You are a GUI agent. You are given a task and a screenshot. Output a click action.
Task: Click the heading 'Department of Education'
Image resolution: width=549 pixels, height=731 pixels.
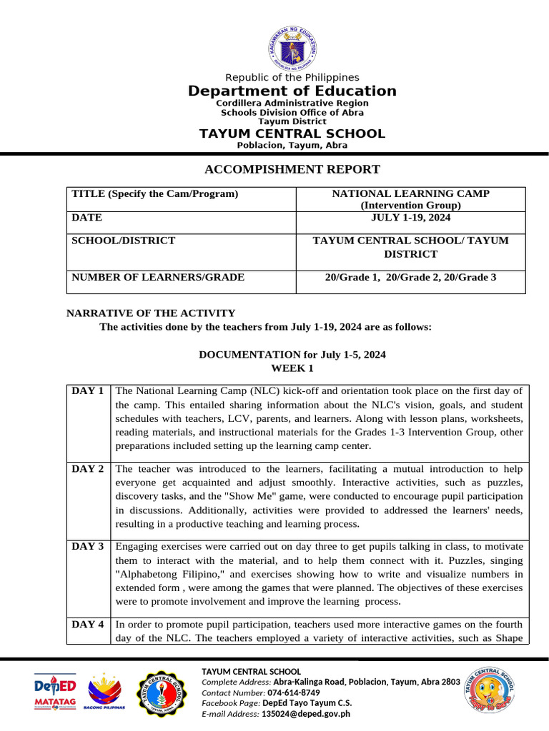[292, 91]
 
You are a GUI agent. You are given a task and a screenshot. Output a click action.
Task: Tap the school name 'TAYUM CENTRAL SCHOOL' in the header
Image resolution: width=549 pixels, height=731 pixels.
[292, 133]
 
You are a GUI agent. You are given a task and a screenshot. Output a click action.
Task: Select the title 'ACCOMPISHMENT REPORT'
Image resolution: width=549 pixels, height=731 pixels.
[292, 169]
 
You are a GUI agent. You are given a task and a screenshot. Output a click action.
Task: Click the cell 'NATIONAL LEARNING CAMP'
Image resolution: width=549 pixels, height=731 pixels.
[411, 193]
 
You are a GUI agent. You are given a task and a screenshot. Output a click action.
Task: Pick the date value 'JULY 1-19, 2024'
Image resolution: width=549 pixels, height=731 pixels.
[411, 218]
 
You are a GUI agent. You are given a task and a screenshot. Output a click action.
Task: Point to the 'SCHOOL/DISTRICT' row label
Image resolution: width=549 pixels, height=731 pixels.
[124, 241]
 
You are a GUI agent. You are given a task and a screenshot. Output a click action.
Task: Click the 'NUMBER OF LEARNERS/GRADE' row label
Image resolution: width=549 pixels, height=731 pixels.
[158, 277]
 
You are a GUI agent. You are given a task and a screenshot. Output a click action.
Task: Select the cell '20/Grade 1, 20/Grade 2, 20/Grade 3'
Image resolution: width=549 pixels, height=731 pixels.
[410, 277]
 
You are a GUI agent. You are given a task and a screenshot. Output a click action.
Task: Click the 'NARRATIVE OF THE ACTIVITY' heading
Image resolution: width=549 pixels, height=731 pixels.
[151, 313]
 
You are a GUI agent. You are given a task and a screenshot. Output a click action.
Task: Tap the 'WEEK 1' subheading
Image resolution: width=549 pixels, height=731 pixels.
[292, 368]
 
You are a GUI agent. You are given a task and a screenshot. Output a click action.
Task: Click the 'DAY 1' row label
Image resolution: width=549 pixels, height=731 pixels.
[88, 391]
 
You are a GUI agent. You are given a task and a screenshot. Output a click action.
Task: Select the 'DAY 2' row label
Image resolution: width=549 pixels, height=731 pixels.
[88, 469]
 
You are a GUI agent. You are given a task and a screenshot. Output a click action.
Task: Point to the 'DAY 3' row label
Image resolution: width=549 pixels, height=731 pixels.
[88, 547]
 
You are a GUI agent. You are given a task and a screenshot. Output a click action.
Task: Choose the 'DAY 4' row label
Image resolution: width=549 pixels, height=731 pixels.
[88, 625]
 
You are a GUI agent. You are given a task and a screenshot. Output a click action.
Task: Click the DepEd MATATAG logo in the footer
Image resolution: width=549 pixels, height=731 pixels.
[55, 692]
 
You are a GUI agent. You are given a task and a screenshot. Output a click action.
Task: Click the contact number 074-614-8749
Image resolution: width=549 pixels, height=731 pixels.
[294, 692]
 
